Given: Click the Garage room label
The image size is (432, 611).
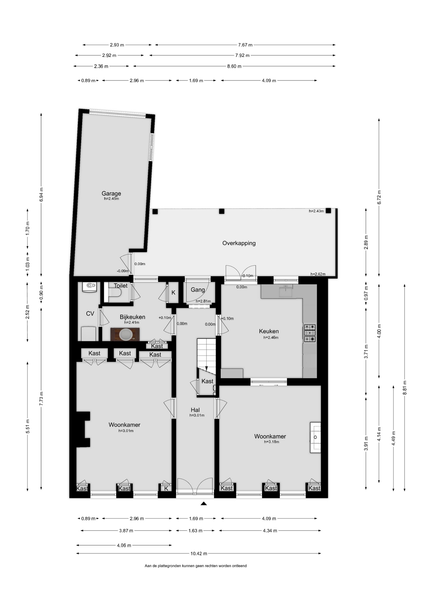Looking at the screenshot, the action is [x=111, y=193].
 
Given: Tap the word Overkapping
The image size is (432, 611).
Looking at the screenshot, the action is [x=239, y=243].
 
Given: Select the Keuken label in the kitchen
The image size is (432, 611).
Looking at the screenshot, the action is [x=269, y=331].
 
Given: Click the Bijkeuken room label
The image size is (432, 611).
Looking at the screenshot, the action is [x=132, y=317].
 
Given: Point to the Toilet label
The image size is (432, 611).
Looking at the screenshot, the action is [x=121, y=286].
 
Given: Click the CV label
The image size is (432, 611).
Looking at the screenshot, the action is [x=90, y=313].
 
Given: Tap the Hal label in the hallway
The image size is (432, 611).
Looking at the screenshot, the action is [x=195, y=410].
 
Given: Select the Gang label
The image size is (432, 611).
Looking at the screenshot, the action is [x=198, y=290].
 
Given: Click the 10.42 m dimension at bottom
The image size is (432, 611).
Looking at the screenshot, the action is [x=199, y=553].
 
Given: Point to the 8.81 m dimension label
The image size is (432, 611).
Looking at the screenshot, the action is [x=405, y=388].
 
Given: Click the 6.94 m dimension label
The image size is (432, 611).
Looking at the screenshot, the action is [x=41, y=194].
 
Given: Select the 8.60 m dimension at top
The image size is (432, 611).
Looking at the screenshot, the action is [x=234, y=66].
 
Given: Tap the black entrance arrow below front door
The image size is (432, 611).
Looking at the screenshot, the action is [x=204, y=503].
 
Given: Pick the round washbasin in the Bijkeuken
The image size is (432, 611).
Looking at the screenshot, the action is [x=125, y=334].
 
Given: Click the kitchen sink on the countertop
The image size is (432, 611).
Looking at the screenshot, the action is [x=286, y=291].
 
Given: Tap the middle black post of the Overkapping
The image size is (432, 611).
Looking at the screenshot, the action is [x=222, y=211].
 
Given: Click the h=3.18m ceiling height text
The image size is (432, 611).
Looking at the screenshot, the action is [x=272, y=442].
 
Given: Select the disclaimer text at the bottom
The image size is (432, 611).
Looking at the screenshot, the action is [x=196, y=566].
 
